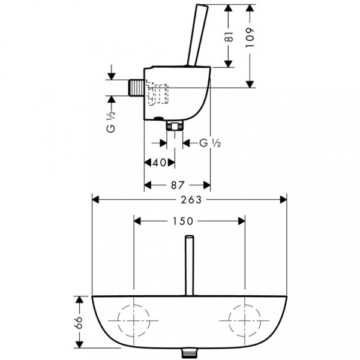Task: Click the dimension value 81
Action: (x=229, y=37)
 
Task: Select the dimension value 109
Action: (x=250, y=38)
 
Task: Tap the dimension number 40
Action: (x=160, y=163)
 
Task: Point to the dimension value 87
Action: (x=178, y=185)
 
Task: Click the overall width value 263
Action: (x=191, y=200)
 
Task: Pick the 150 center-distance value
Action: (x=183, y=221)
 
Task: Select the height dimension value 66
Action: (x=79, y=323)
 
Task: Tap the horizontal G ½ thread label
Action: (x=210, y=143)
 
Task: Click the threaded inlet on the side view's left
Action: (x=136, y=88)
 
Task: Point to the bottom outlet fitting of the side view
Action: (x=175, y=125)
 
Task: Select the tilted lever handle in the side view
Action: (x=197, y=35)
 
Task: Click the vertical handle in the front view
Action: (x=190, y=265)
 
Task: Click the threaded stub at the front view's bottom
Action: (x=189, y=353)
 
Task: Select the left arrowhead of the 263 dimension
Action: (x=95, y=200)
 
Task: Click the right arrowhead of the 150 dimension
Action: (x=242, y=221)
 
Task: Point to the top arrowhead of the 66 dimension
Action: (x=79, y=300)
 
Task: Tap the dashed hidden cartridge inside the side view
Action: (x=157, y=93)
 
